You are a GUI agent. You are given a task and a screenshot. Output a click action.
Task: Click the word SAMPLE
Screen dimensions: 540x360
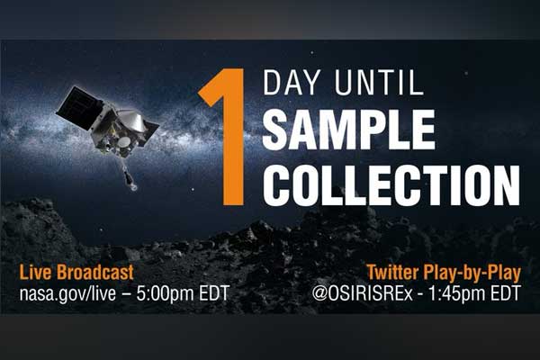point(348,130)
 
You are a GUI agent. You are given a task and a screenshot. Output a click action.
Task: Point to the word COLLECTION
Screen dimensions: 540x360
point(391,185)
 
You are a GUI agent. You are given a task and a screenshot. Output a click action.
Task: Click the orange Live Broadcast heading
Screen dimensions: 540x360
point(76,272)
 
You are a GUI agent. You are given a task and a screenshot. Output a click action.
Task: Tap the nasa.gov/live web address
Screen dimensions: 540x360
point(67,294)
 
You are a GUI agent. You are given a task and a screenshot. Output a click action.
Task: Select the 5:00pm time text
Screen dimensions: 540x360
point(165,293)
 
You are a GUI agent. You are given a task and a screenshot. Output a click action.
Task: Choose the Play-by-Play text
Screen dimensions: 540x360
point(472,274)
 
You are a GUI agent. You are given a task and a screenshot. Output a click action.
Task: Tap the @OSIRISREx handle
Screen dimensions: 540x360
point(363,294)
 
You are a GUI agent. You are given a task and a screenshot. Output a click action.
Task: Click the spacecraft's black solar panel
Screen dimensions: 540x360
point(80,108)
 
